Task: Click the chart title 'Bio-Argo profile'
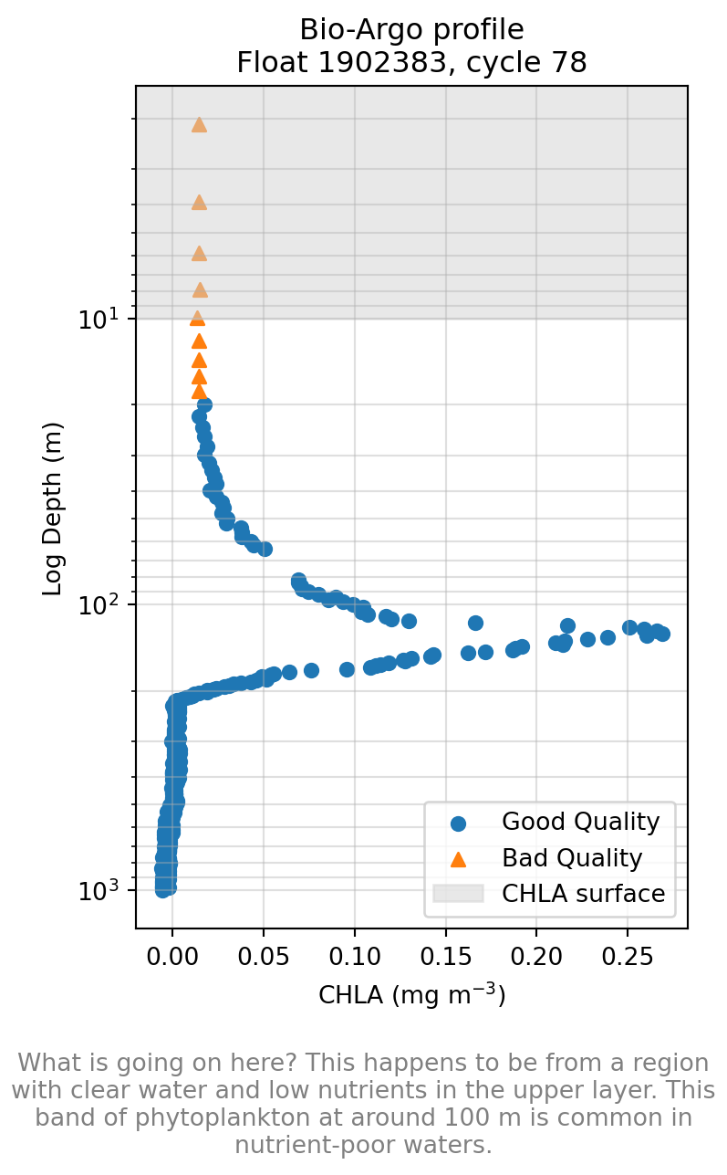tap(411, 30)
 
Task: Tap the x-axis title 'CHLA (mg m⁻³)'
tap(411, 994)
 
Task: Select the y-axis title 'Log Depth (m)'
tap(53, 509)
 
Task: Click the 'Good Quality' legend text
tap(580, 822)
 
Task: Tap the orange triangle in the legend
tap(458, 858)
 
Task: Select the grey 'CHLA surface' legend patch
tap(458, 893)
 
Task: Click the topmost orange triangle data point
tap(199, 125)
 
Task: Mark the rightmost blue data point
tap(662, 634)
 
